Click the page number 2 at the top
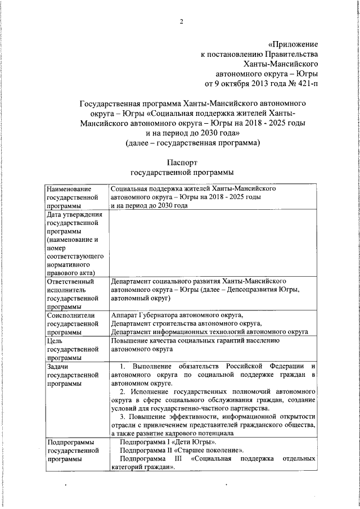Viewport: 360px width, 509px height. pyautogui.click(x=182, y=22)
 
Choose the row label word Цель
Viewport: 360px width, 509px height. pyautogui.click(x=55, y=341)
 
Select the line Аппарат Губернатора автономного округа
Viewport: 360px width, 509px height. pyautogui.click(x=177, y=316)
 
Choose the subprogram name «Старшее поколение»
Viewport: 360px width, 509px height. pyautogui.click(x=211, y=451)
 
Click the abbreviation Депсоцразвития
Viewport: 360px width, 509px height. pyautogui.click(x=250, y=290)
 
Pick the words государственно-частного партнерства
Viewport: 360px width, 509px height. pyautogui.click(x=214, y=409)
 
